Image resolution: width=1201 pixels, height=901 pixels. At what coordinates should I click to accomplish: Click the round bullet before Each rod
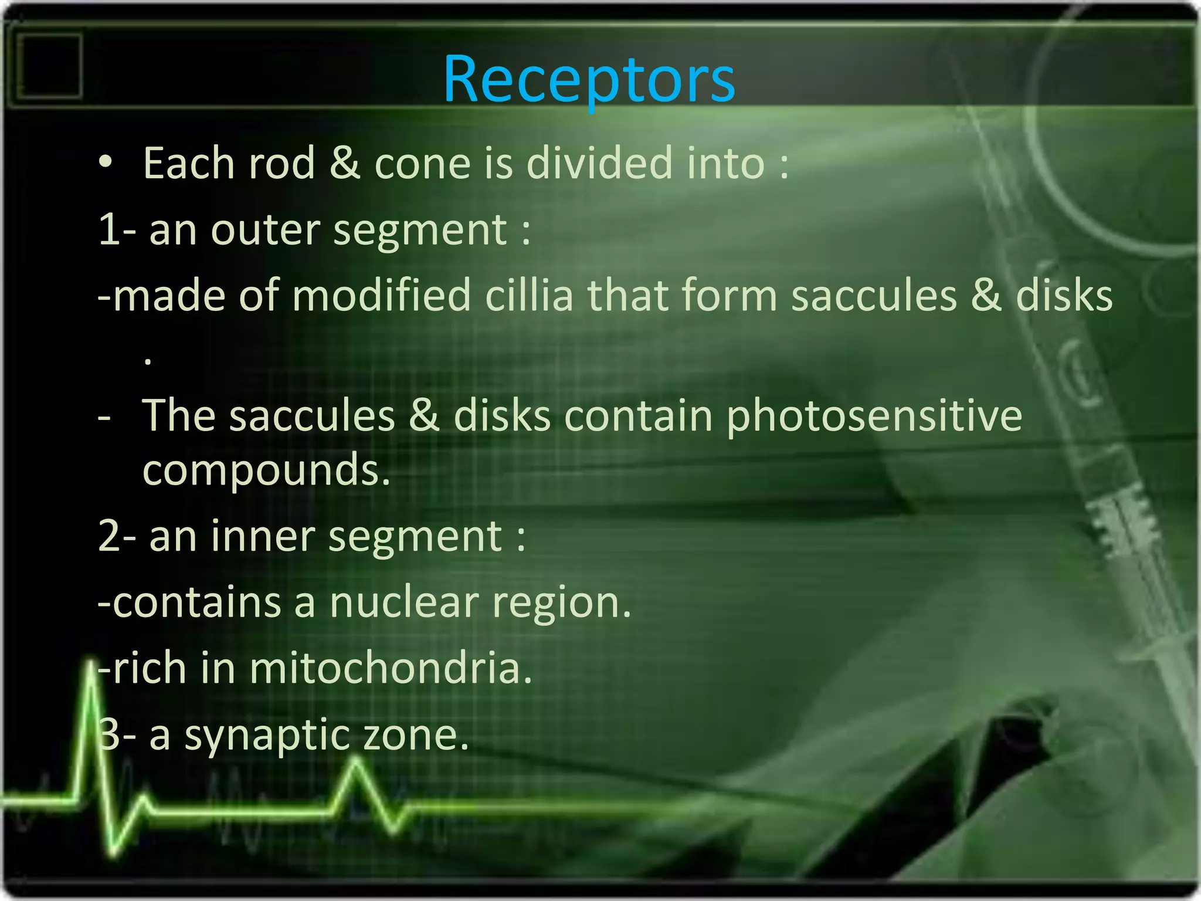pos(106,162)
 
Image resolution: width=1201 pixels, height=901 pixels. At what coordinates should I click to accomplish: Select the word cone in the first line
pos(422,164)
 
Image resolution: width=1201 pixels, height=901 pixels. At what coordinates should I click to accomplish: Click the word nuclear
pos(403,603)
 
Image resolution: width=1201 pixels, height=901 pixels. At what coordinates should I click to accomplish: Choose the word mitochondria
pos(390,669)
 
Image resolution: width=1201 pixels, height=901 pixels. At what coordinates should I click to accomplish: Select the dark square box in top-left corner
pos(49,65)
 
